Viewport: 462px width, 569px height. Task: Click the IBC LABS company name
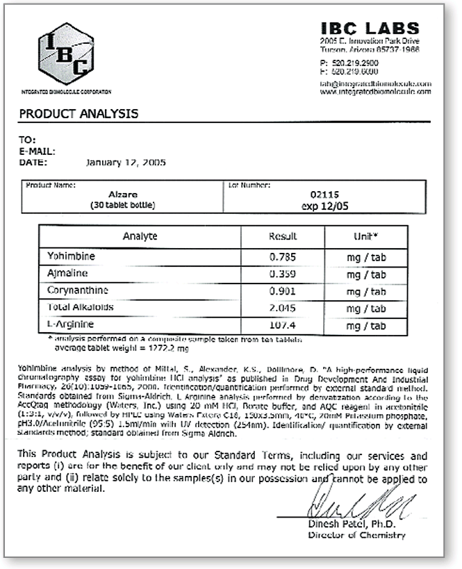[x=370, y=28]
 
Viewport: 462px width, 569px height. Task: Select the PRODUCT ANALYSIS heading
[x=78, y=114]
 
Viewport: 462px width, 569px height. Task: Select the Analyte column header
[x=140, y=236]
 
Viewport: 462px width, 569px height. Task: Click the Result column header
[x=283, y=236]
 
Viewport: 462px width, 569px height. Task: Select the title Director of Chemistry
[x=356, y=535]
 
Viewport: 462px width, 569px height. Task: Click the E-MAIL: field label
[x=37, y=151]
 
